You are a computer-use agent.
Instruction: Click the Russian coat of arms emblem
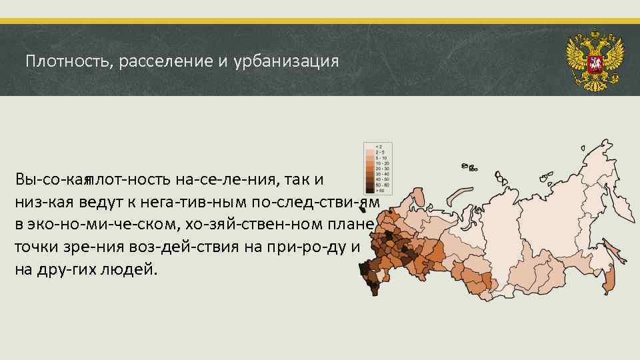594,59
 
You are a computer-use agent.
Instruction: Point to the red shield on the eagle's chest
594,64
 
